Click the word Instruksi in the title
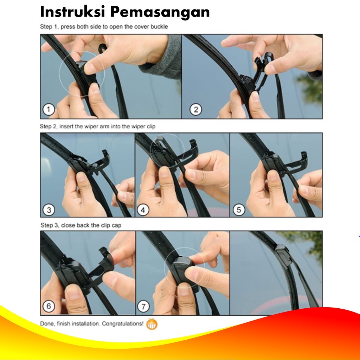72,12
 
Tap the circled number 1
49,110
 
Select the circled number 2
196,110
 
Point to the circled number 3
49,210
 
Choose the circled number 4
143,210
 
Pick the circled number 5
239,210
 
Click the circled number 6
49,306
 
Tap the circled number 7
143,307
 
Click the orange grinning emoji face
152,324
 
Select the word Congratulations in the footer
123,324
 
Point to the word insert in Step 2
66,127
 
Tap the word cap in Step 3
116,225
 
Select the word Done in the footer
47,323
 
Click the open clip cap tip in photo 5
304,155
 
